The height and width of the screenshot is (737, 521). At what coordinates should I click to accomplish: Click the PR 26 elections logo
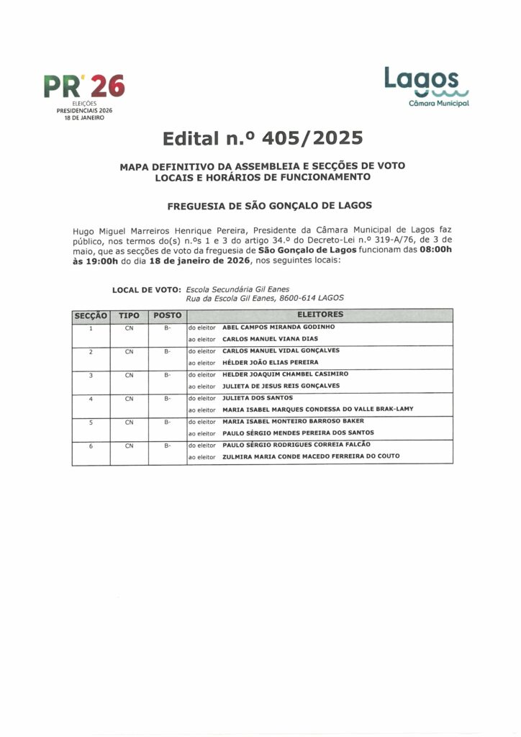(x=84, y=94)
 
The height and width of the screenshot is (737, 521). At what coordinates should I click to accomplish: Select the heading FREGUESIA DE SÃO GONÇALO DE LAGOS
(x=269, y=205)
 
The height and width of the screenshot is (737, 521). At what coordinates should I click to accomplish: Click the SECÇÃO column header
(x=91, y=315)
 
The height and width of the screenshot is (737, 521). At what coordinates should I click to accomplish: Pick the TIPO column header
(x=129, y=315)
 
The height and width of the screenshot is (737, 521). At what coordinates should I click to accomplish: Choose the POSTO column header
(x=167, y=315)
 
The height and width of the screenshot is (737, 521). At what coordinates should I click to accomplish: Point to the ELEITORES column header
(x=320, y=315)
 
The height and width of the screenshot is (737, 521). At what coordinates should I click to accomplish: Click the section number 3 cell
(x=91, y=375)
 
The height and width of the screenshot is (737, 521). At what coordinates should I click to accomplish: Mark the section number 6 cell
(x=91, y=446)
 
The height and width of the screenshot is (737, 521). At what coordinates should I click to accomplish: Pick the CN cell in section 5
(x=129, y=422)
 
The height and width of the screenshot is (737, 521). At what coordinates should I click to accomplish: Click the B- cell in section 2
(x=167, y=351)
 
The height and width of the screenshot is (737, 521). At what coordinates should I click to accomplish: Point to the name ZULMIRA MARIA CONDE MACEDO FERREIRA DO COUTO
(x=311, y=456)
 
